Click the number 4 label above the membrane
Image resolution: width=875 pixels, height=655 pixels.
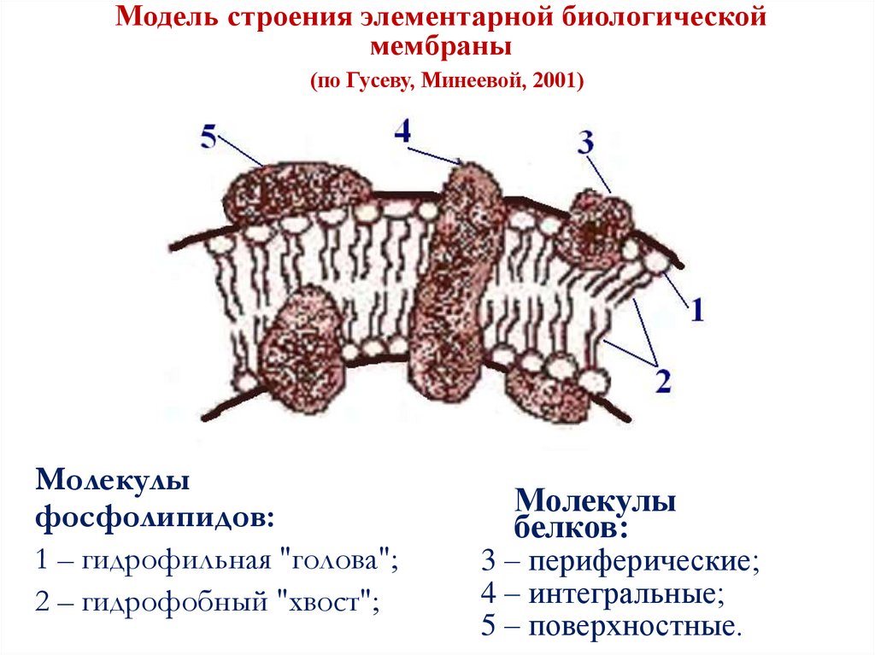coord(403,132)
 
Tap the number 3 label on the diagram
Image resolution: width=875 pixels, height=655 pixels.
coord(585,143)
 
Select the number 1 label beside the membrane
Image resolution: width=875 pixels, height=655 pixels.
coord(696,309)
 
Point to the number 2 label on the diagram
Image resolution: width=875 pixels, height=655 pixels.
coord(662,380)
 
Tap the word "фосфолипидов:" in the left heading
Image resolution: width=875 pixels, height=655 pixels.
coord(156,517)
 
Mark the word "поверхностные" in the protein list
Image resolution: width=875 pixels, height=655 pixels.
coord(631,628)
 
